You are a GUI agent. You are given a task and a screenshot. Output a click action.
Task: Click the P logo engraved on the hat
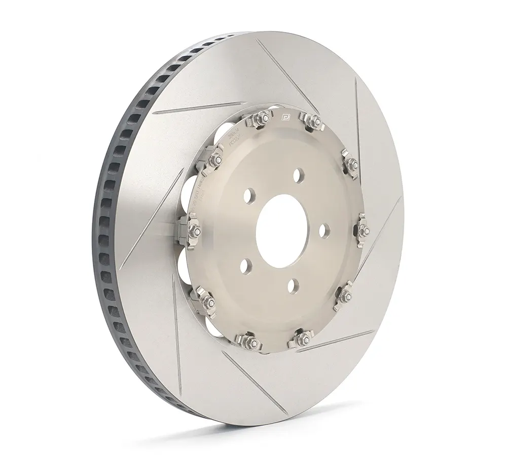285,118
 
